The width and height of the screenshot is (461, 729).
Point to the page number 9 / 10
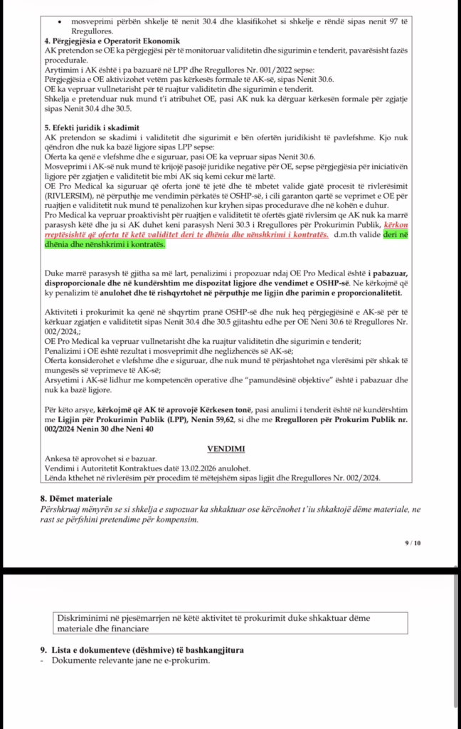[x=413, y=542]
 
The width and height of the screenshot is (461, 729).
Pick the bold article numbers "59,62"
[x=285, y=421]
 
